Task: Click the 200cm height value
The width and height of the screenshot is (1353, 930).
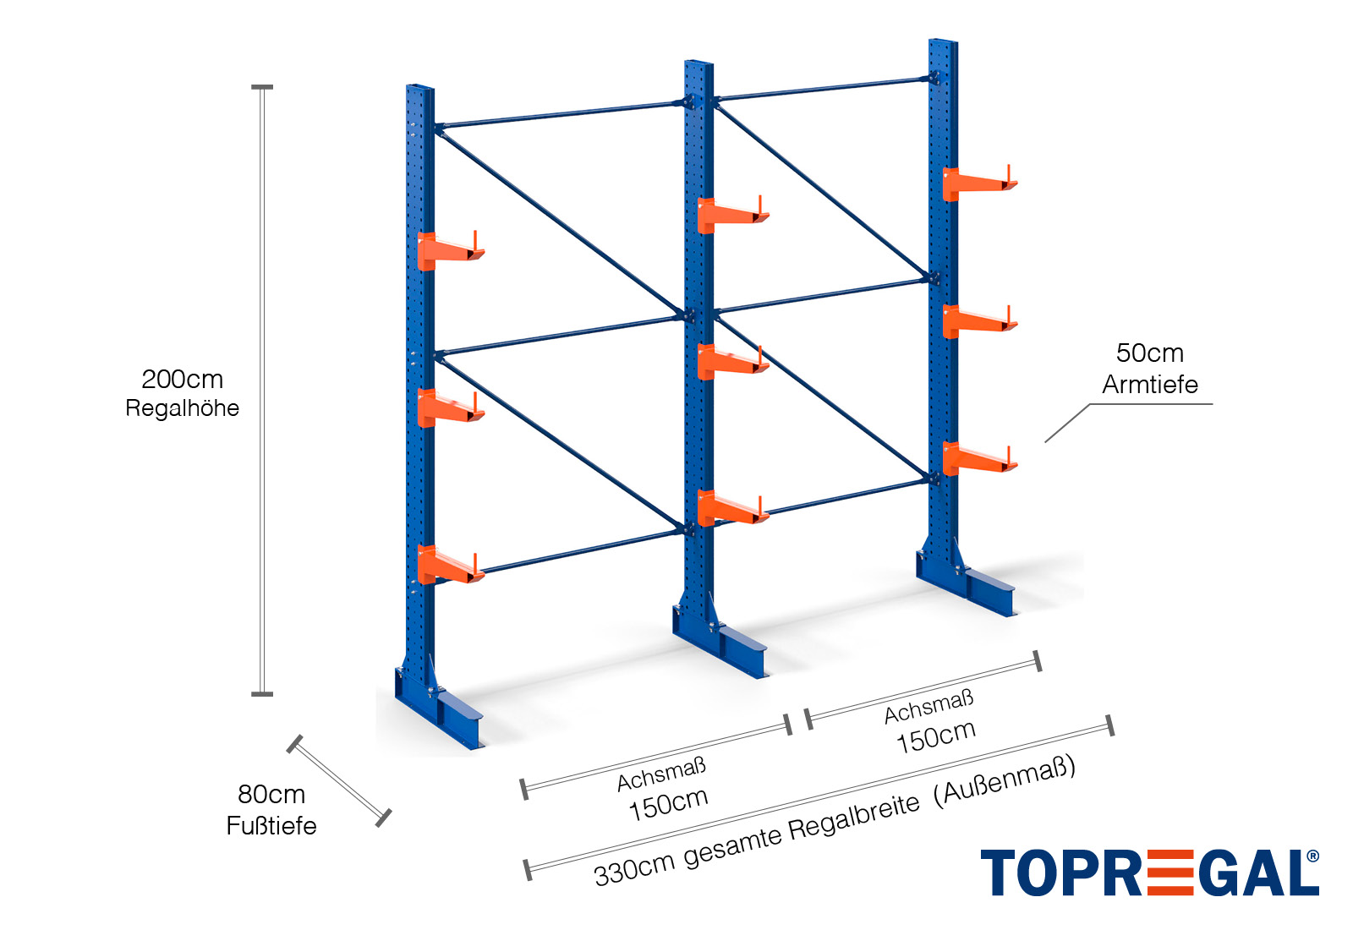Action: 182,380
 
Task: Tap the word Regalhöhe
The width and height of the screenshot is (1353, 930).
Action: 182,408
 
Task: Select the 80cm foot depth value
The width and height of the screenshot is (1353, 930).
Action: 271,795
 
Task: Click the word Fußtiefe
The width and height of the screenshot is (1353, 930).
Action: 271,826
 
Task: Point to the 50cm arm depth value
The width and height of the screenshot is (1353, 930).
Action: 1149,353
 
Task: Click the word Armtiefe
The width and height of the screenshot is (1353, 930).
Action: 1149,385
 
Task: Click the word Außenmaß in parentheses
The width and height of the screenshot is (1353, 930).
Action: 1005,781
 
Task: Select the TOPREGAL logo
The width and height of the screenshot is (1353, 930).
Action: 1149,873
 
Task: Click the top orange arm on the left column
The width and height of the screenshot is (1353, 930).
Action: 448,250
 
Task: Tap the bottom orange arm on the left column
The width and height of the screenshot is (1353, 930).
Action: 448,566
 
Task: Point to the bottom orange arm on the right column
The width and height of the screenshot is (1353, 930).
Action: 978,458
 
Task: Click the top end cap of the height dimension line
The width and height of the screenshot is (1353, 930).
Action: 262,87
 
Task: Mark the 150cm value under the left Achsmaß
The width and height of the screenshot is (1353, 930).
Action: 668,803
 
